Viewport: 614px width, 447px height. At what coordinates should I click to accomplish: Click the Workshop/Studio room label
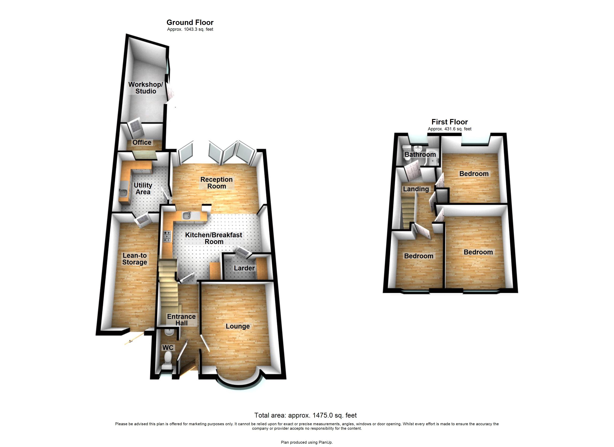tap(146, 88)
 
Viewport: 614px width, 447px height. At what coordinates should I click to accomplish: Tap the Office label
tap(142, 143)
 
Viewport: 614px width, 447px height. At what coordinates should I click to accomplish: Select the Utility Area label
tap(143, 189)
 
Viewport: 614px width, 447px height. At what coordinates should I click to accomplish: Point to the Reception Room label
tap(217, 183)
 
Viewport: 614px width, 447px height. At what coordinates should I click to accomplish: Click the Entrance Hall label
tap(181, 320)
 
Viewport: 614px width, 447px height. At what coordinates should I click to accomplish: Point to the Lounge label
tap(238, 326)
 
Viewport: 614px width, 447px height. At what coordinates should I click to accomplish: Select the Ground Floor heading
tap(190, 23)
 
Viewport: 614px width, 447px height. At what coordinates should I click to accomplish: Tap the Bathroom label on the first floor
tap(420, 155)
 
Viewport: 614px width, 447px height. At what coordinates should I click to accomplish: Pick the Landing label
tap(416, 189)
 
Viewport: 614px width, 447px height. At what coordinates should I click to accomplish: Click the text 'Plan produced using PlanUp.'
tap(307, 442)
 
